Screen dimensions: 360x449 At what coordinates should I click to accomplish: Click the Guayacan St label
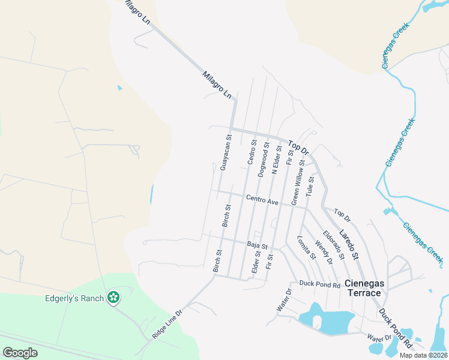point(226,153)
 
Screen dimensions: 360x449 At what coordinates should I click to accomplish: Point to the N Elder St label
point(276,159)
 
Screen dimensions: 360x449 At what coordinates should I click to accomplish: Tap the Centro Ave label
point(262,200)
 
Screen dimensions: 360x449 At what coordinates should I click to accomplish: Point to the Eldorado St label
point(333,245)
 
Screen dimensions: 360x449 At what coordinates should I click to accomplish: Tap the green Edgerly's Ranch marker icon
point(113,297)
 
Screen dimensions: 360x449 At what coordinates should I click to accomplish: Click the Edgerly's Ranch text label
point(74,298)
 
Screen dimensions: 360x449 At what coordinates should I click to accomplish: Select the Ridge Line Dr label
point(167,325)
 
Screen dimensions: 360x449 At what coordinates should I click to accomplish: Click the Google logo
point(20,352)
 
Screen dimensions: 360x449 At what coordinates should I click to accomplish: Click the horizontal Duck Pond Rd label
point(320,284)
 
